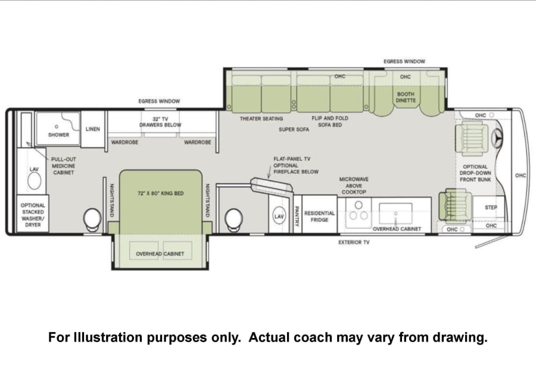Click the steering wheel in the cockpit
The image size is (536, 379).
497,138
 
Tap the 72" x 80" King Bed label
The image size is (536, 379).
161,193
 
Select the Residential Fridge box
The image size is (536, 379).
319,214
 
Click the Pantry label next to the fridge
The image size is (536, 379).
297,216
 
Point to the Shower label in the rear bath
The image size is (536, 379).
58,135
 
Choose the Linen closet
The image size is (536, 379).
93,129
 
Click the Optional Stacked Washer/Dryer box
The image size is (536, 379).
33,214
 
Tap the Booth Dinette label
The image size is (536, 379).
406,97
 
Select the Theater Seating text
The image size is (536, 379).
261,119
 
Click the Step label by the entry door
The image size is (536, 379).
491,207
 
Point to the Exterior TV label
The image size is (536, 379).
354,242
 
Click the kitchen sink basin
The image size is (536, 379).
395,214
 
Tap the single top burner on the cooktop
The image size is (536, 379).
359,205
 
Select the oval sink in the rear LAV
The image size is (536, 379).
34,181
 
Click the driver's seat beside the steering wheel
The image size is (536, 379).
472,138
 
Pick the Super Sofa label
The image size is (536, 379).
294,130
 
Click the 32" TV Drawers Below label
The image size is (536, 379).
160,122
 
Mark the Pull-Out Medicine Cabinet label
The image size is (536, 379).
64,166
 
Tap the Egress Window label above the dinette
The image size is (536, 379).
404,61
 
